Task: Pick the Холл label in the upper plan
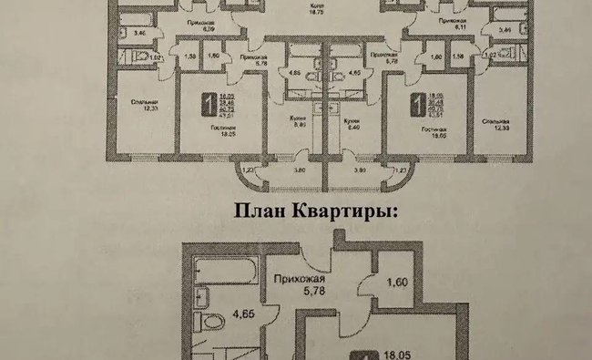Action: click(x=320, y=5)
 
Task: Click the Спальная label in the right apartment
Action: click(x=495, y=120)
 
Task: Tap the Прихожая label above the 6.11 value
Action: click(x=453, y=19)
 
